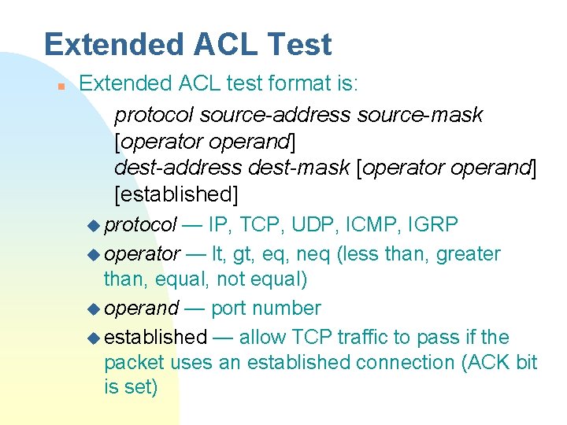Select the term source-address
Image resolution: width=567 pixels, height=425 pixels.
click(275, 115)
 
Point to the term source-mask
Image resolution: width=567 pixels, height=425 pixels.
click(420, 115)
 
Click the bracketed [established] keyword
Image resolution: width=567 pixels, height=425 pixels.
click(176, 193)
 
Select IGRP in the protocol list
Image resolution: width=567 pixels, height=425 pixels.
click(434, 225)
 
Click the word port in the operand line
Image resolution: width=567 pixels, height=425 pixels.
click(229, 308)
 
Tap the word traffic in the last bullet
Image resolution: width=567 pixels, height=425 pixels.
click(360, 337)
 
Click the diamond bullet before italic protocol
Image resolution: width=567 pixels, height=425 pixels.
click(94, 226)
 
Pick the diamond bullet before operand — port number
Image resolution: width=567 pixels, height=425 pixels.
click(94, 309)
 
